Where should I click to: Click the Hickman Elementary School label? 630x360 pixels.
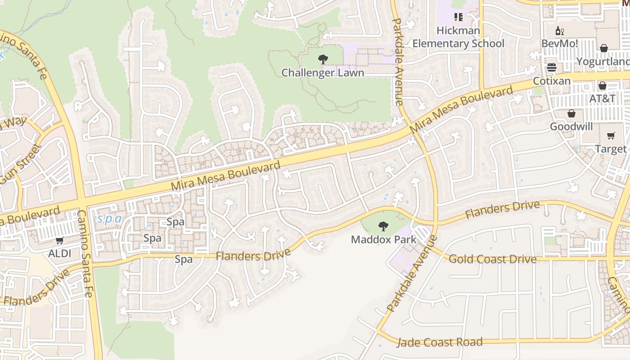pos(458,37)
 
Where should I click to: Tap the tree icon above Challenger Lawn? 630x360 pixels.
pos(323,59)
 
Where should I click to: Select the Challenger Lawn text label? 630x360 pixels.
pos(323,72)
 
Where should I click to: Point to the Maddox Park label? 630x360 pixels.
pos(383,239)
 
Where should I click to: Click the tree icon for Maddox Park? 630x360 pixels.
pos(383,226)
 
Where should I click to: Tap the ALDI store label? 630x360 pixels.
pos(60,253)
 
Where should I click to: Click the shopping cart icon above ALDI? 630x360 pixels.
pos(60,241)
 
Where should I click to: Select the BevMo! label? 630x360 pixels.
pos(560,44)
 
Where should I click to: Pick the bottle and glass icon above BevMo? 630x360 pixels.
pos(560,31)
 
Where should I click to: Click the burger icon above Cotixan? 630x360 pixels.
pos(552,68)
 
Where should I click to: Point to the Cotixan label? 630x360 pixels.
pos(552,81)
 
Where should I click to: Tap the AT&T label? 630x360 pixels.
pos(603,99)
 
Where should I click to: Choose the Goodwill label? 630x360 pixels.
pos(571,126)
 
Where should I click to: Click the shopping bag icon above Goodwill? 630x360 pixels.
pos(571,113)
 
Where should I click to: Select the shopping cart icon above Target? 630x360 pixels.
pos(611,136)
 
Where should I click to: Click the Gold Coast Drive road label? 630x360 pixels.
pos(493,259)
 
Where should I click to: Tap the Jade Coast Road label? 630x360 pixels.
pos(439,342)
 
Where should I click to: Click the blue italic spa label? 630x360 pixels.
pos(109,219)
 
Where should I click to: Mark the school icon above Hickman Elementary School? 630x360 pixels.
pos(458,18)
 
